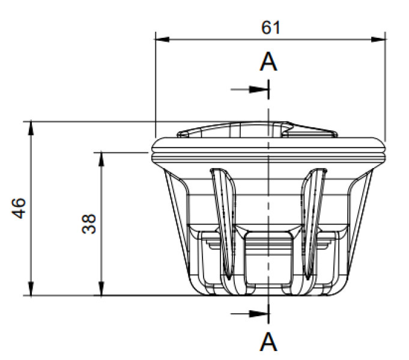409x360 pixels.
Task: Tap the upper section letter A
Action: [268, 62]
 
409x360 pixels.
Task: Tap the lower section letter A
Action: [268, 341]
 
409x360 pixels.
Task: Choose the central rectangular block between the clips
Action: [268, 258]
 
